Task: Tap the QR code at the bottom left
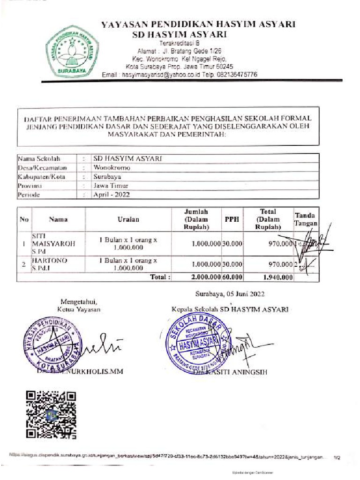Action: coord(50,414)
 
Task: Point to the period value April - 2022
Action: coord(112,195)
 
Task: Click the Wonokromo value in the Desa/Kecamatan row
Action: coord(112,167)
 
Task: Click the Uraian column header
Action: coord(128,219)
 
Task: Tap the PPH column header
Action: coord(232,219)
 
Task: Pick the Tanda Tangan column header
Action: coord(306,219)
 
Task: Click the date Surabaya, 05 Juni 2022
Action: coord(230,294)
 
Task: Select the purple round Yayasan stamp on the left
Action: coord(52,344)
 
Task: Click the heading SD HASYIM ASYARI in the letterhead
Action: coord(180,35)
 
